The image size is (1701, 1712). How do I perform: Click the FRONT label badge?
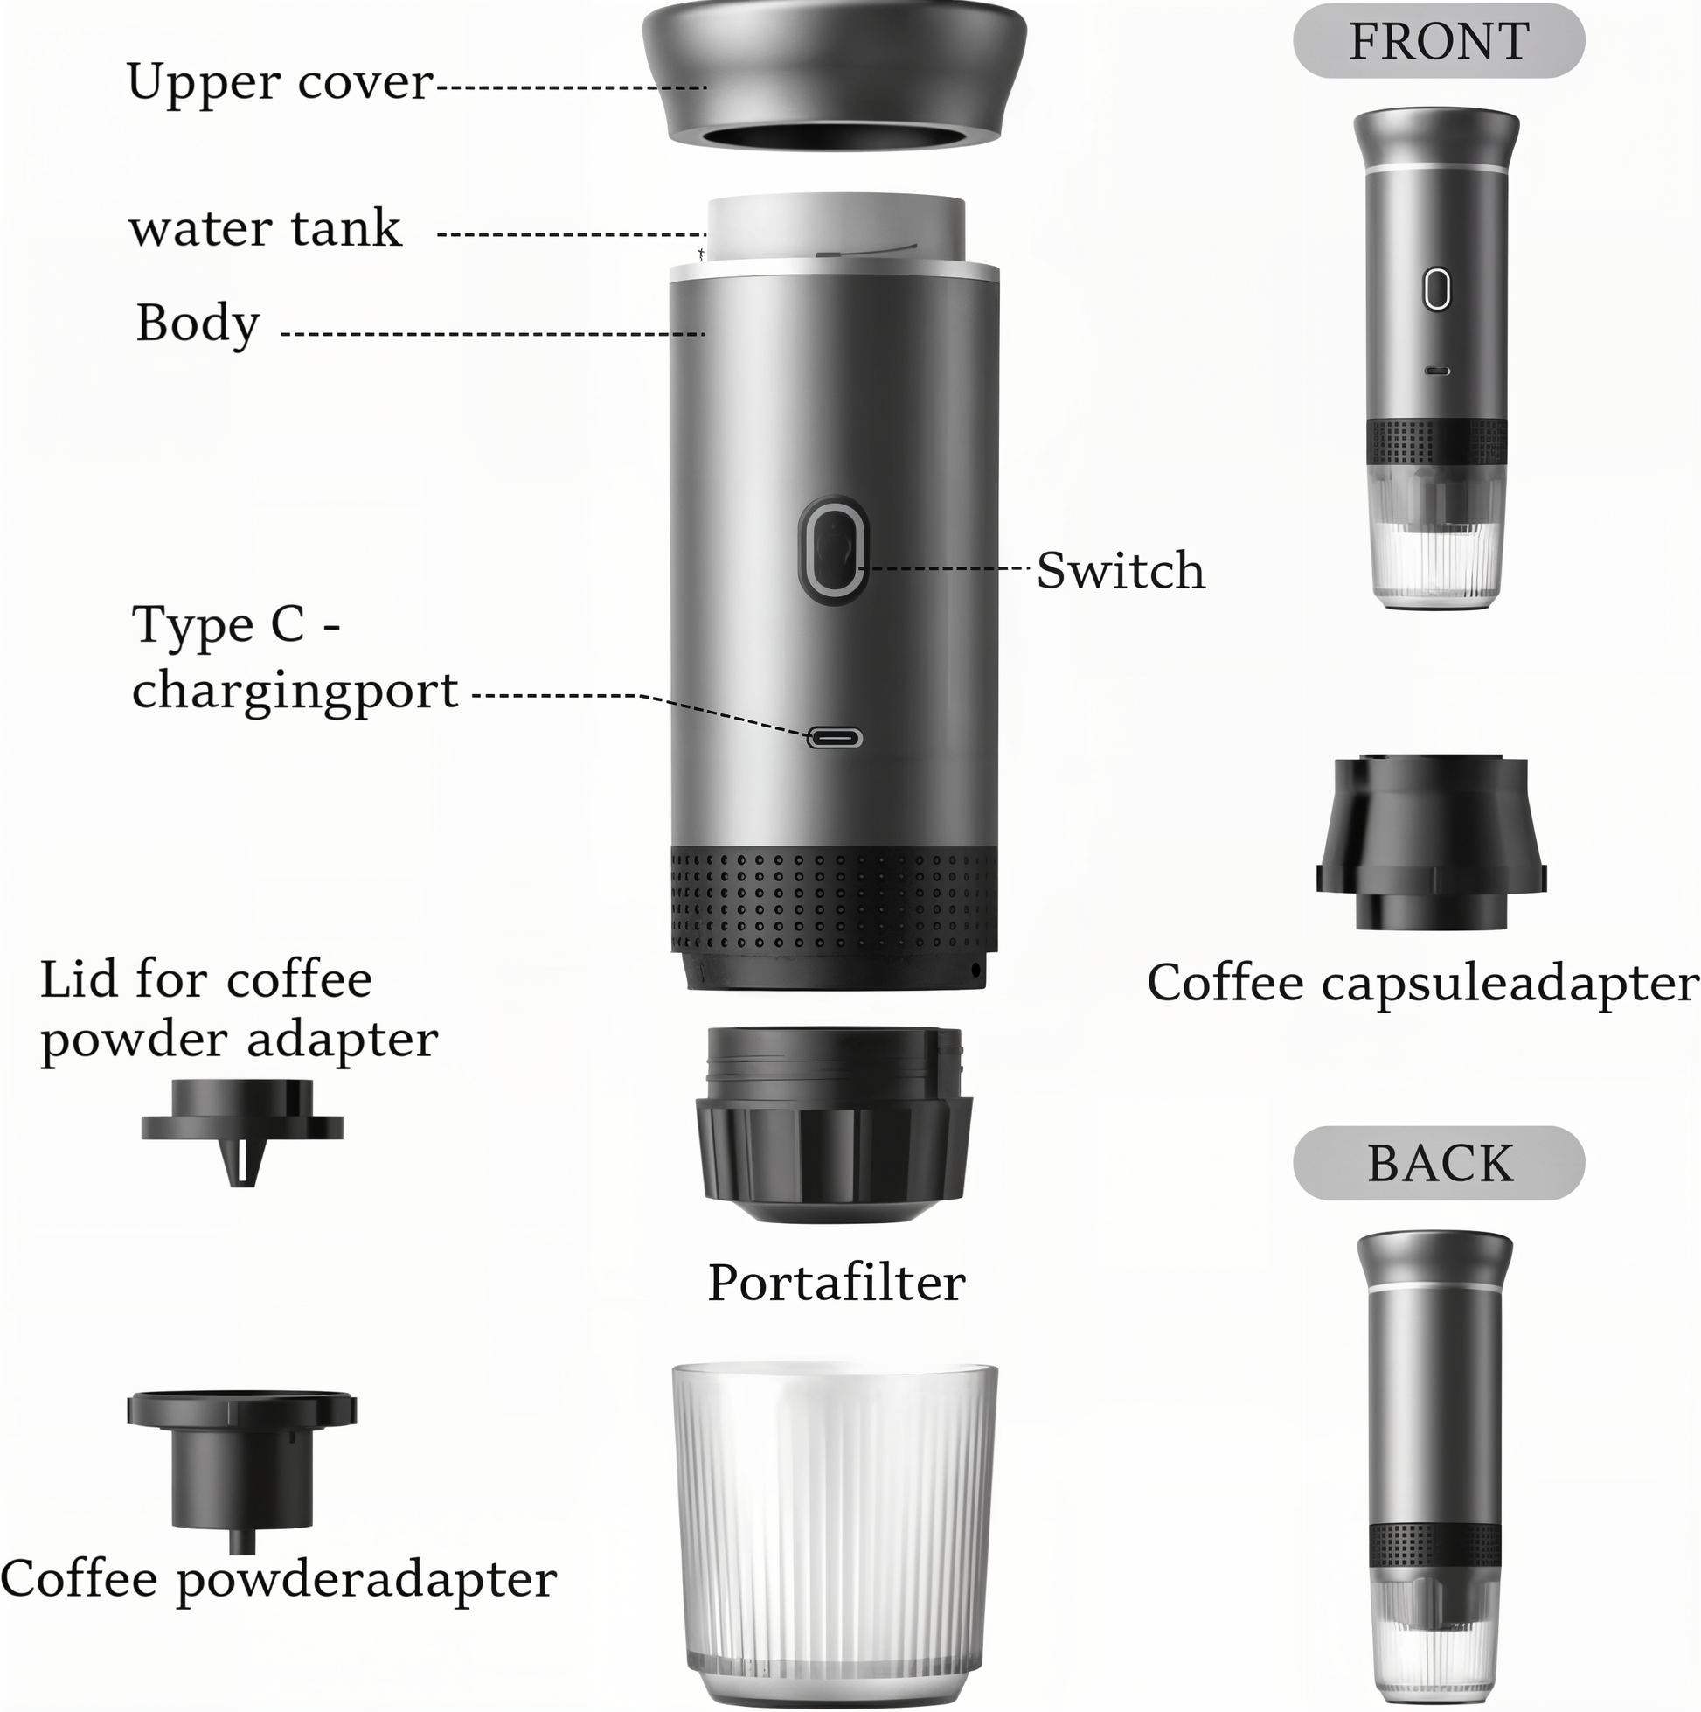(x=1439, y=42)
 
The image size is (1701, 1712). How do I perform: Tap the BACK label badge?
(x=1439, y=1164)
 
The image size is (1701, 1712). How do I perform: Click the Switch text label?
(x=1121, y=570)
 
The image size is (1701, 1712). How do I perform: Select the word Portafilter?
(x=837, y=1282)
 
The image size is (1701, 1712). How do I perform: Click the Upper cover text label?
(x=280, y=81)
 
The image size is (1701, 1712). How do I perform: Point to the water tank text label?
(x=266, y=228)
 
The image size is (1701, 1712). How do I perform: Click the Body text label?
(x=198, y=323)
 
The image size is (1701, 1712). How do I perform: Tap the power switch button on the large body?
(x=833, y=549)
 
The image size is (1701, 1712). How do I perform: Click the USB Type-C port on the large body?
(x=835, y=737)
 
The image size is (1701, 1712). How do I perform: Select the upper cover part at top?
(x=835, y=76)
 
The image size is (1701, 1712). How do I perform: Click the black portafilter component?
(x=835, y=1124)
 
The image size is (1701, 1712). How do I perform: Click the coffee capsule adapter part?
(x=1432, y=842)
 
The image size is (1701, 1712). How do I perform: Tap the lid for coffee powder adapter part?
(x=242, y=1131)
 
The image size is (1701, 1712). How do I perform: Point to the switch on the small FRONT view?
(x=1437, y=289)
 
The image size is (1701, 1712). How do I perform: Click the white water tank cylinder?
(x=837, y=228)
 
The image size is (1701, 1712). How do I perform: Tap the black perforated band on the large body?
(x=835, y=900)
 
